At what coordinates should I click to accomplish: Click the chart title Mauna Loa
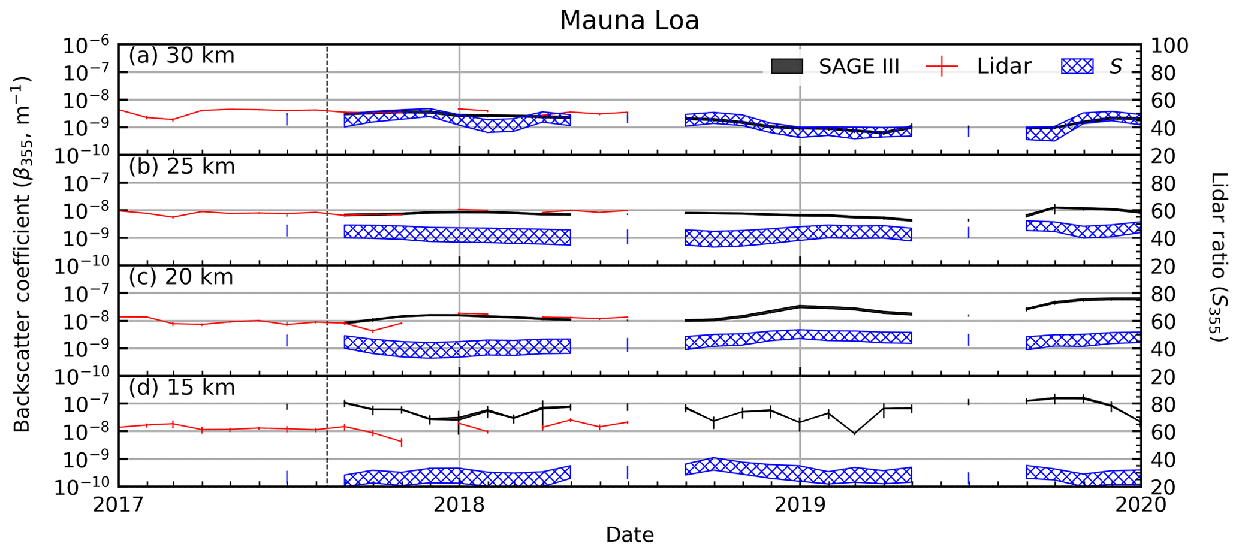pos(629,20)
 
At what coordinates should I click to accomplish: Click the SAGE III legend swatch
pos(786,67)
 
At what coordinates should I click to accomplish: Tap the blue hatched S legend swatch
pos(1077,67)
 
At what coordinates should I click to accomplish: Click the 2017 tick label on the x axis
pos(119,505)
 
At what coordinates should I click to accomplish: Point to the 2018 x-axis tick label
pos(459,505)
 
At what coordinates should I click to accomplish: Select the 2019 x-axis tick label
pos(800,505)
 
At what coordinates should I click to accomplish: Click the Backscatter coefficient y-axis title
pos(22,255)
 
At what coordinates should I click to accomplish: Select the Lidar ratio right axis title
pos(1219,258)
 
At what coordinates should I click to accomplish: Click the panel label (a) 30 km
pos(182,56)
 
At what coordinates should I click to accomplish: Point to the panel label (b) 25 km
pos(182,167)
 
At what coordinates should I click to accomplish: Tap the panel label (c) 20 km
pos(180,277)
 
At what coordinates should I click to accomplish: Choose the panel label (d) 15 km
pos(182,388)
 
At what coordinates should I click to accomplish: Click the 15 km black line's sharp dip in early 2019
pos(854,433)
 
